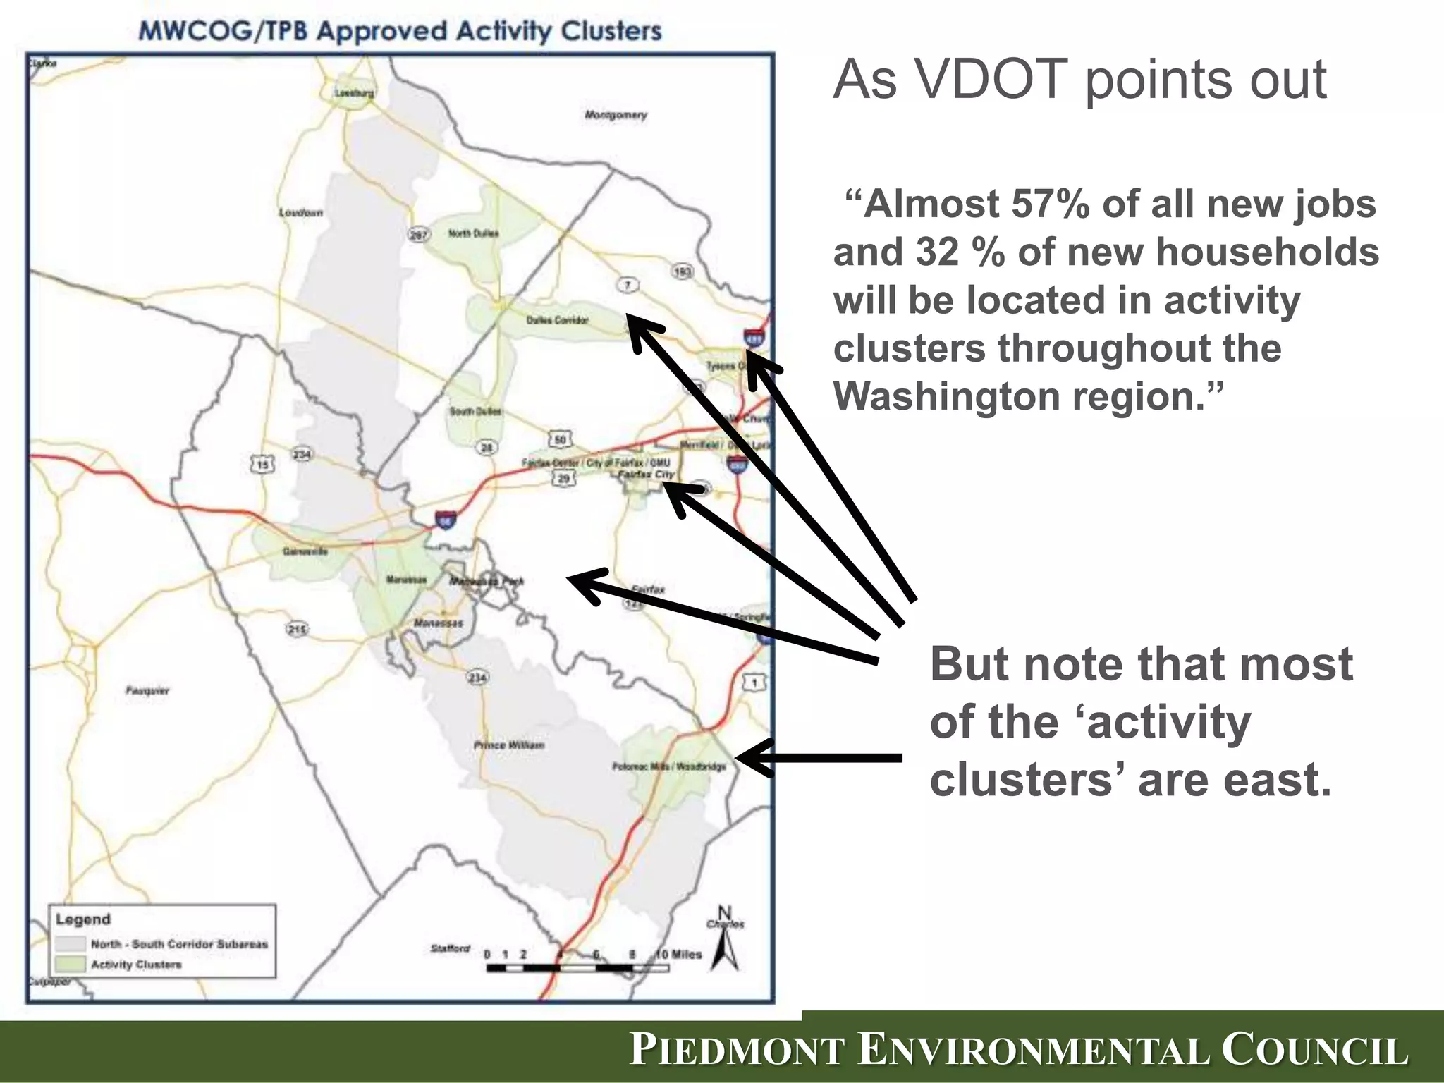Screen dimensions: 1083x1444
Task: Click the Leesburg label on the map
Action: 355,92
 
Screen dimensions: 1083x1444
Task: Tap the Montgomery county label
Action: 616,115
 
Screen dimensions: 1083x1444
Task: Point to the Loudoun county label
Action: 301,212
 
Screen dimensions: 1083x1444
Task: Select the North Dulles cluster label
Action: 474,233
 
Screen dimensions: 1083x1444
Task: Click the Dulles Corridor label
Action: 557,320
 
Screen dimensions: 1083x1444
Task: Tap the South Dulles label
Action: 476,411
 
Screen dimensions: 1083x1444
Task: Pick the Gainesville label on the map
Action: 305,551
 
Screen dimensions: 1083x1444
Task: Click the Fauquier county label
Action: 148,691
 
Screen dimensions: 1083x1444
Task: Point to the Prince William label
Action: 509,745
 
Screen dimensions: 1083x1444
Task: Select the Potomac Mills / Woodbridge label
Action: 669,766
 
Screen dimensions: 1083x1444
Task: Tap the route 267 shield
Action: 419,235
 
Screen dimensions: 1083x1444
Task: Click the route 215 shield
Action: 297,628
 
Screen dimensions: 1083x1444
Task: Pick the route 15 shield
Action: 262,465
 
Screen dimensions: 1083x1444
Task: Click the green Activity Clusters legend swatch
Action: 71,964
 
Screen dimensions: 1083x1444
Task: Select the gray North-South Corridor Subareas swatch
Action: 71,943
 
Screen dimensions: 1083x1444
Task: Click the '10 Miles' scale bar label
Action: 679,955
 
